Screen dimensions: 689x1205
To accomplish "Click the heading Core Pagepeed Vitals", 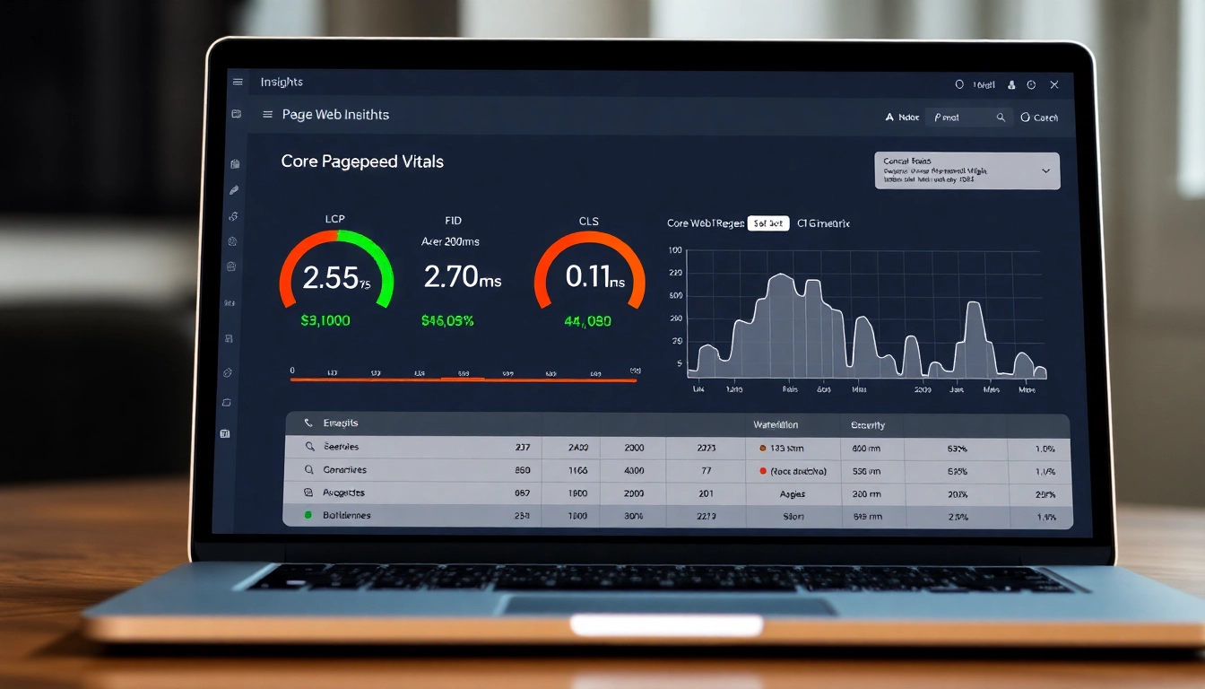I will click(362, 161).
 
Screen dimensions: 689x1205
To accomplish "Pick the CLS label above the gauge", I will click(588, 221).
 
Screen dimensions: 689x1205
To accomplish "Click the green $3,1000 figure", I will click(325, 320).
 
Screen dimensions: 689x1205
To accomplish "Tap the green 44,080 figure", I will click(587, 320).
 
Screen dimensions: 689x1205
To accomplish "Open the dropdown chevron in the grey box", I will click(1045, 170).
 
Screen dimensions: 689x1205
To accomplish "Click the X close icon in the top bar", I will click(1054, 84).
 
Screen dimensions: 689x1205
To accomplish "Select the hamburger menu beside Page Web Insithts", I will click(267, 115).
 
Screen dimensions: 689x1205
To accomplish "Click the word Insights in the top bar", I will click(282, 83).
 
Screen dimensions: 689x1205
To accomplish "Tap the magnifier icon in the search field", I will click(1001, 118).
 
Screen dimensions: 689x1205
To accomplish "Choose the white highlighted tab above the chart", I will click(768, 223).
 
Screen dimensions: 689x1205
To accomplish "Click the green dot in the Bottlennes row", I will click(308, 516).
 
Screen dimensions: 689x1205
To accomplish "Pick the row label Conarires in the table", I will click(344, 469).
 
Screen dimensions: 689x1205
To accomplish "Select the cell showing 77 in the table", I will click(706, 470).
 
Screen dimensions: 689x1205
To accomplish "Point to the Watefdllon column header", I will click(776, 424).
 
